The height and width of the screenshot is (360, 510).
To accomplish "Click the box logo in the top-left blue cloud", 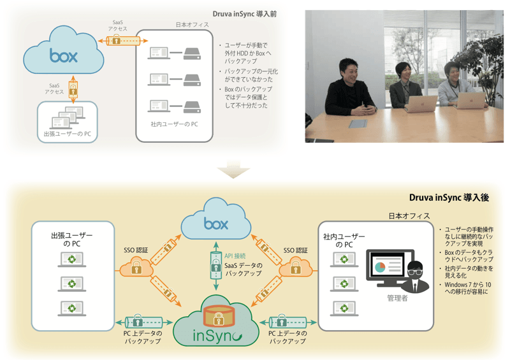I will tap(64, 55).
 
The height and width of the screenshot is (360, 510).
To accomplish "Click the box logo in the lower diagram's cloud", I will tap(216, 224).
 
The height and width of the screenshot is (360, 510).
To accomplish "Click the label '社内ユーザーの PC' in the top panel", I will tap(174, 123).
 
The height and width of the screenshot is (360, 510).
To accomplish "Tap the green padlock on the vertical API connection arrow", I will tap(216, 259).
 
